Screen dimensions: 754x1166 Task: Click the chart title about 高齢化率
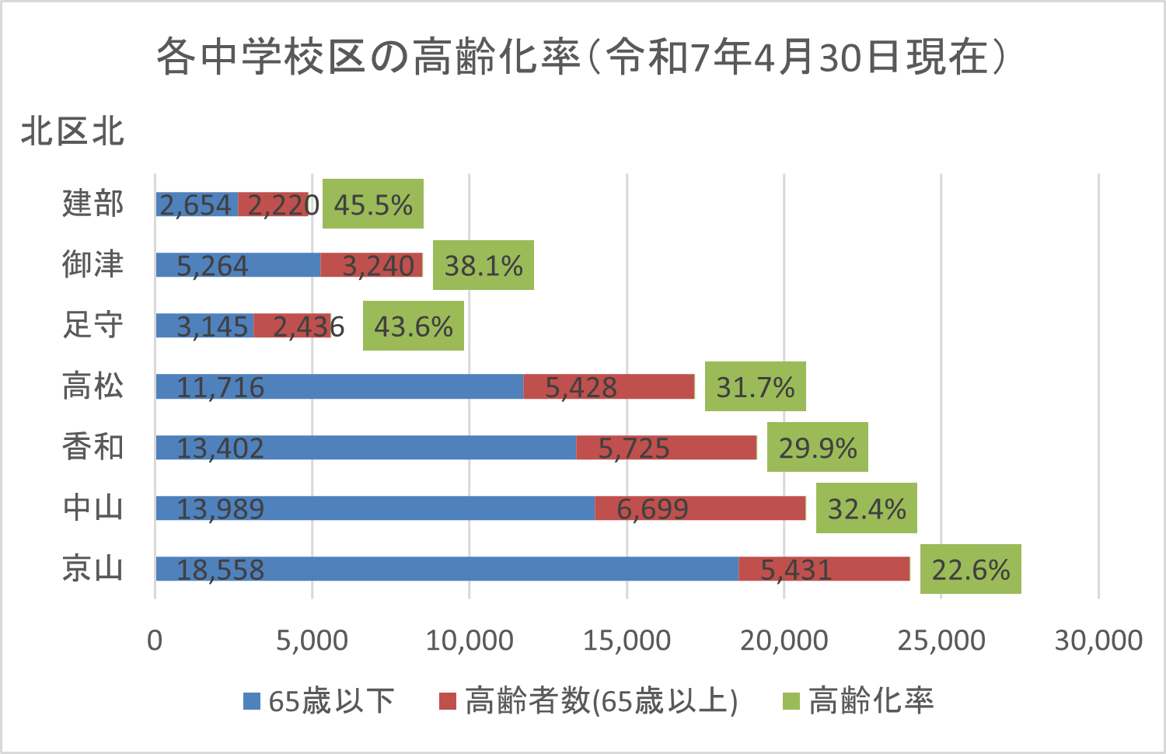pyautogui.click(x=581, y=58)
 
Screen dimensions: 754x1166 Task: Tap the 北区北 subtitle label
pyautogui.click(x=72, y=131)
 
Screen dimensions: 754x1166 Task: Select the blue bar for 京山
pyautogui.click(x=446, y=569)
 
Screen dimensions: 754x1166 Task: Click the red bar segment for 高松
pyautogui.click(x=609, y=386)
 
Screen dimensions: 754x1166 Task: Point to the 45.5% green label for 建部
pyautogui.click(x=373, y=204)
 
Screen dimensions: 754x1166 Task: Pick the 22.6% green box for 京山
pyautogui.click(x=970, y=569)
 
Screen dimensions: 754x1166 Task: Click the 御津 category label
pyautogui.click(x=93, y=265)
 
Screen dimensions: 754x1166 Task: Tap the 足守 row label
pyautogui.click(x=93, y=326)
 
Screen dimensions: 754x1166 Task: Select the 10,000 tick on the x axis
pyautogui.click(x=470, y=641)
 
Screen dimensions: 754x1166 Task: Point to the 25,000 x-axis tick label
pyautogui.click(x=941, y=641)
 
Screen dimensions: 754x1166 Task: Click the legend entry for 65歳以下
pyautogui.click(x=319, y=701)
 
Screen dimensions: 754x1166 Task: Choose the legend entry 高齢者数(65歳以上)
pyautogui.click(x=588, y=701)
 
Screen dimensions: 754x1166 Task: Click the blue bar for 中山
pyautogui.click(x=375, y=508)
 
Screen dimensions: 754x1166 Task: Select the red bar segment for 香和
pyautogui.click(x=666, y=448)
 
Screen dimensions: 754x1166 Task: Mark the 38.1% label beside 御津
pyautogui.click(x=484, y=265)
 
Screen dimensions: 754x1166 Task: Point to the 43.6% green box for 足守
pyautogui.click(x=414, y=326)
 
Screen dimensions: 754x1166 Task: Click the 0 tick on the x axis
pyautogui.click(x=155, y=641)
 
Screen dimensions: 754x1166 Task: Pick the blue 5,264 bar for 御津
pyautogui.click(x=238, y=265)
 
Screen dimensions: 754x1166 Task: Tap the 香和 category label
pyautogui.click(x=93, y=448)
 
